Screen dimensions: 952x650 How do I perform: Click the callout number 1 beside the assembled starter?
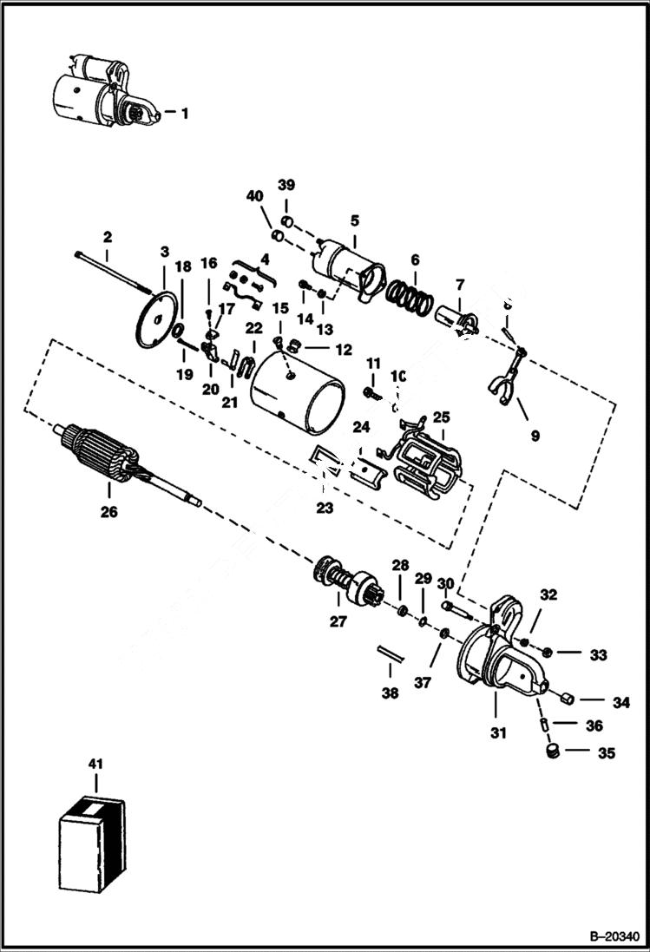coord(184,113)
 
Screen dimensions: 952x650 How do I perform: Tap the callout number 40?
coord(254,197)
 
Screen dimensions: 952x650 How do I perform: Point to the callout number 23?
coord(325,509)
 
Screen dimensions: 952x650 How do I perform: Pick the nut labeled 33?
coord(548,653)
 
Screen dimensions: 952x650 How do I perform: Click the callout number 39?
coord(286,185)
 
